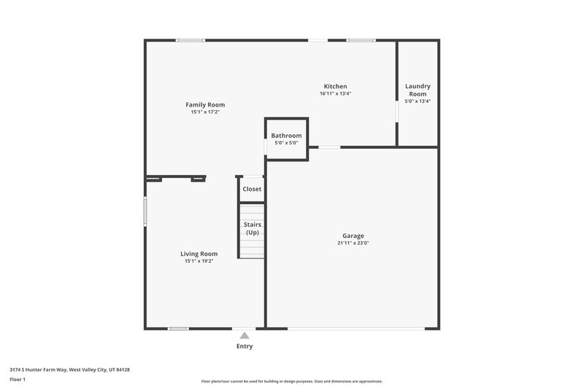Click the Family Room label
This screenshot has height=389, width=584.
click(204, 104)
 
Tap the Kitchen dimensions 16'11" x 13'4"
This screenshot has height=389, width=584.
click(335, 93)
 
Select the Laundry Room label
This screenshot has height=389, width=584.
click(418, 90)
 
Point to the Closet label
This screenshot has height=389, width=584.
click(252, 189)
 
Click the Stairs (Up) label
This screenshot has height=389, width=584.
click(252, 228)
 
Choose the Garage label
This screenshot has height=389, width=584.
click(353, 236)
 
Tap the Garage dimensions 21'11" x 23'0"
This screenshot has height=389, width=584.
click(353, 243)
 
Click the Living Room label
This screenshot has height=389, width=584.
click(199, 254)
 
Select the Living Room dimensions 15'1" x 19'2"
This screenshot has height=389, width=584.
click(199, 261)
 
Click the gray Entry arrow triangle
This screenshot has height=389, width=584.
click(245, 336)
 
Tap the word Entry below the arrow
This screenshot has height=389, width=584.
click(245, 346)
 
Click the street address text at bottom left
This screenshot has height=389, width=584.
click(69, 369)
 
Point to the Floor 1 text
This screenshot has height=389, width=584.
click(18, 380)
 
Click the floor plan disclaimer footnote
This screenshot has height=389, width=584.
click(292, 381)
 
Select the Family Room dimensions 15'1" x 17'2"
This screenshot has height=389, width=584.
click(204, 112)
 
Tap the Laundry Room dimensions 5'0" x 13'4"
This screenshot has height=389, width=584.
click(418, 101)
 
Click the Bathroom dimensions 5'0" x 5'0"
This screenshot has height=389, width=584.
click(286, 142)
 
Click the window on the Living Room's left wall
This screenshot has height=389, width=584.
click(145, 212)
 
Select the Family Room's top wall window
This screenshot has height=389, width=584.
click(191, 40)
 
